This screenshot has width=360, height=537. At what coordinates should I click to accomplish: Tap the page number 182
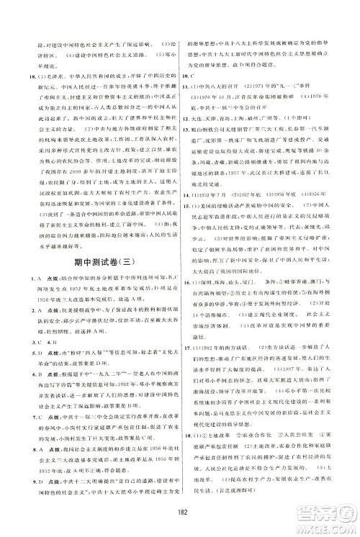click(179, 514)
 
